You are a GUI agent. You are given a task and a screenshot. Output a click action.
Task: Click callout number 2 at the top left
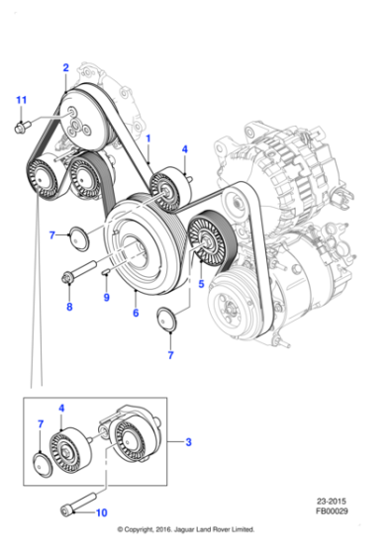click(65, 67)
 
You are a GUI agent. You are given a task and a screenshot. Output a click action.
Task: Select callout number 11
click(21, 99)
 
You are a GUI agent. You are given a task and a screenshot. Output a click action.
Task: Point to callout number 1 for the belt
click(149, 140)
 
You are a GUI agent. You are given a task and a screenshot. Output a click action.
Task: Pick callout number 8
click(68, 307)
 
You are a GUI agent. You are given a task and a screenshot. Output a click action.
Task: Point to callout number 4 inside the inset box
click(62, 407)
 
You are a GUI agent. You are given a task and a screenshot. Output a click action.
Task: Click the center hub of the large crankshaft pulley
click(139, 244)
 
